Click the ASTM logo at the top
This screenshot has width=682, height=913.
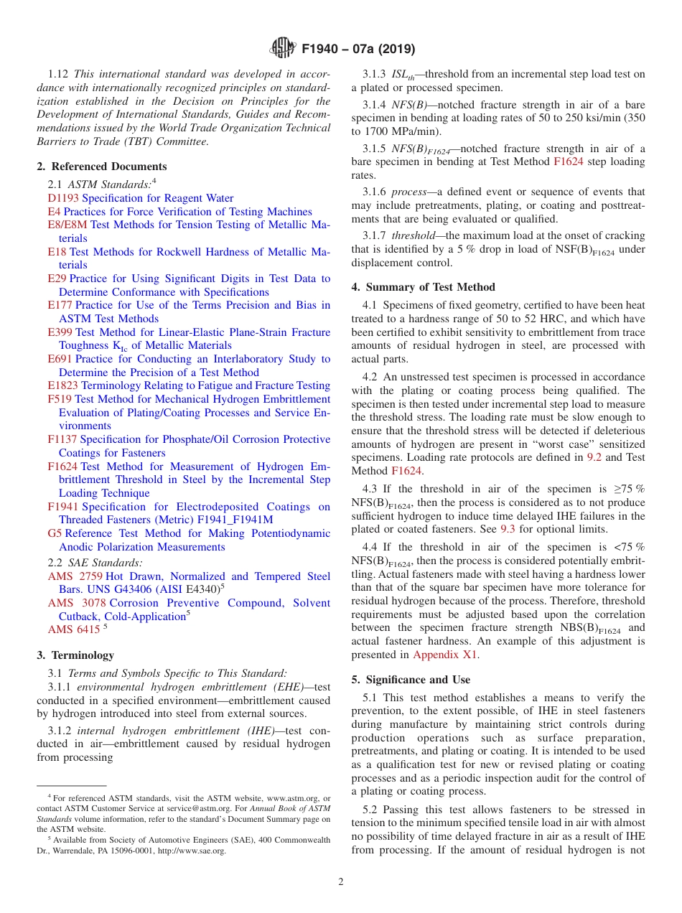pyautogui.click(x=282, y=49)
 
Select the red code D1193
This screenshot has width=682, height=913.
pyautogui.click(x=63, y=198)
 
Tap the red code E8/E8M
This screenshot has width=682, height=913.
pyautogui.click(x=67, y=225)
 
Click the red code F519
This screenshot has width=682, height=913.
pyautogui.click(x=60, y=399)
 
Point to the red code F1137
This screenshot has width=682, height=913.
pyautogui.click(x=62, y=439)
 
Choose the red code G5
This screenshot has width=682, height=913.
pyautogui.click(x=55, y=533)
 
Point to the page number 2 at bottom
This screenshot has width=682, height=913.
pyautogui.click(x=341, y=881)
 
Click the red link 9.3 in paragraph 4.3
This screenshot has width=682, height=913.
pyautogui.click(x=508, y=529)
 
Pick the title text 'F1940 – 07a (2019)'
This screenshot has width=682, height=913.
pyautogui.click(x=358, y=50)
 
